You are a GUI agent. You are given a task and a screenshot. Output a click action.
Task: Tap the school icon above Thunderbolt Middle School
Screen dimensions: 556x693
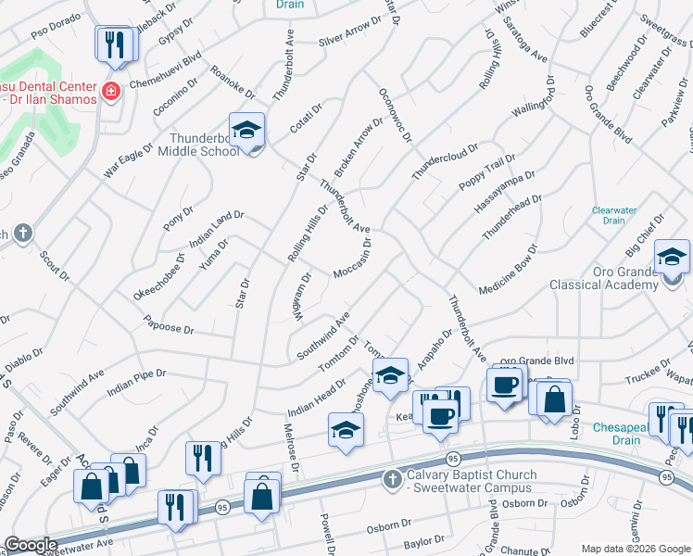[247, 130]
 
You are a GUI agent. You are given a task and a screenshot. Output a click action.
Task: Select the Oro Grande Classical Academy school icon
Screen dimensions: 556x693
[672, 256]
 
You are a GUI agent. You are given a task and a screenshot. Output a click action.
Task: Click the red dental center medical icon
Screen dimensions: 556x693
[111, 91]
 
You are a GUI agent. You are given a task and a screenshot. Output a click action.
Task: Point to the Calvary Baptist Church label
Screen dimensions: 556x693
[472, 481]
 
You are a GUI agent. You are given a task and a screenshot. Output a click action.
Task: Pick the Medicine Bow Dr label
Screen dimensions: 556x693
[505, 269]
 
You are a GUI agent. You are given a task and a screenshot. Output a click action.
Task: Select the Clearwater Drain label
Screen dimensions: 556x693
[614, 215]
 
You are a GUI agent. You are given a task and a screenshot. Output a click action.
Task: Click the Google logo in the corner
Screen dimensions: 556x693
[31, 545]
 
